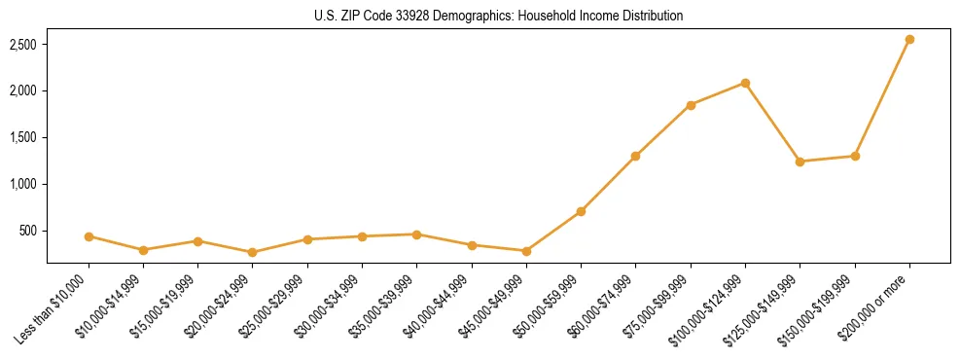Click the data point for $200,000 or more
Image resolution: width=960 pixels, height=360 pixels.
(909, 39)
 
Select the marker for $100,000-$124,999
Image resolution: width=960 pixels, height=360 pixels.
(745, 83)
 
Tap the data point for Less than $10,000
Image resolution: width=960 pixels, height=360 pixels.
(89, 236)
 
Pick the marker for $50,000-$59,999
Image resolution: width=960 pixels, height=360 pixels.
(581, 211)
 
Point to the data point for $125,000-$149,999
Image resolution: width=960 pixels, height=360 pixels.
(800, 162)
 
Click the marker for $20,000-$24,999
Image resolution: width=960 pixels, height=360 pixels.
(253, 252)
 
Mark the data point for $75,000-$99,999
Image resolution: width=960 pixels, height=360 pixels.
(691, 105)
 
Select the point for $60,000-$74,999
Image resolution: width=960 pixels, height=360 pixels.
(635, 156)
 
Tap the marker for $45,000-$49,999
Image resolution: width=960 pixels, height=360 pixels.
(526, 251)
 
